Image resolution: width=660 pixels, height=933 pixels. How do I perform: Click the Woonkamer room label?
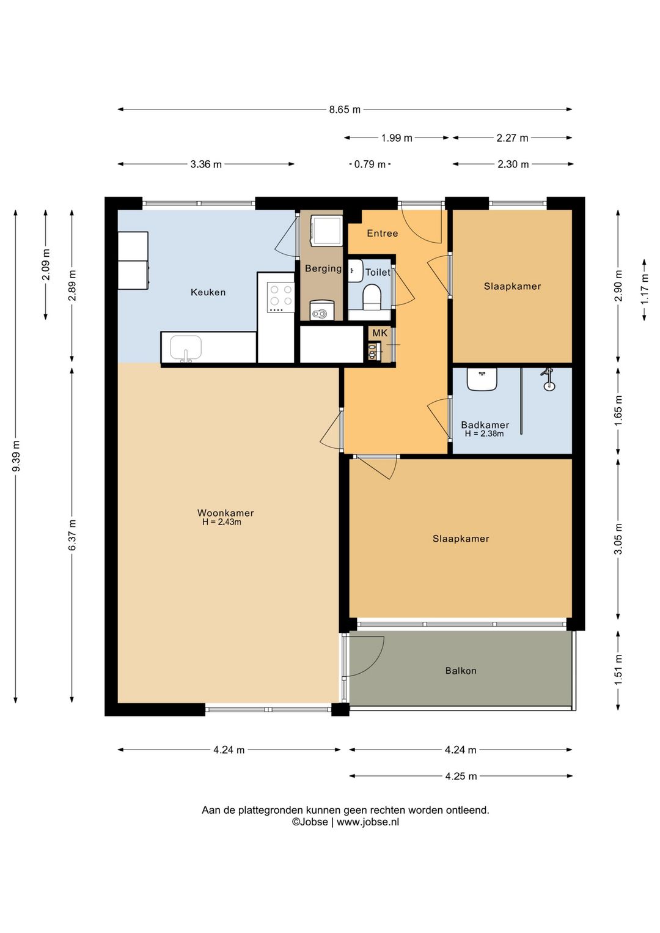click(x=226, y=513)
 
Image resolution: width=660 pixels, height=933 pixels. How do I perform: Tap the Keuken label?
click(x=208, y=292)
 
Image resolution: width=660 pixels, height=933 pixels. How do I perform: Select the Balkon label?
click(x=461, y=671)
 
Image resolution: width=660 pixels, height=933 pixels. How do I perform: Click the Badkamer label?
click(x=485, y=425)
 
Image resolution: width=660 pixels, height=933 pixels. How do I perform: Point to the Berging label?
click(x=323, y=268)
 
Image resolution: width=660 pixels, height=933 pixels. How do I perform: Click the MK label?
click(x=380, y=333)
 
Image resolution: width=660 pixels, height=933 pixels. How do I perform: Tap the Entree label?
click(x=383, y=234)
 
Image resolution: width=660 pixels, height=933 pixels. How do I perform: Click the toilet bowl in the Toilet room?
click(x=372, y=297)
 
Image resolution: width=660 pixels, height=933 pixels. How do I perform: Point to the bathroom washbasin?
click(x=482, y=379)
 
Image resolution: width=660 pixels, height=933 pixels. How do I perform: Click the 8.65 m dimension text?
click(x=345, y=109)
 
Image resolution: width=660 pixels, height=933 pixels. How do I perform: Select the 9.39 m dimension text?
click(x=16, y=456)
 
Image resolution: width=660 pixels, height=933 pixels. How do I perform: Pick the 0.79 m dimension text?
click(x=370, y=164)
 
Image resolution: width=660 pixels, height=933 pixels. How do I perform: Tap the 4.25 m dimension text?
click(x=461, y=776)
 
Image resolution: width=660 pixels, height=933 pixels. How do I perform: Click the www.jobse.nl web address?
click(x=368, y=822)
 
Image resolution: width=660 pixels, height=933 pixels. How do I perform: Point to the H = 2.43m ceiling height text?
click(x=222, y=522)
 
